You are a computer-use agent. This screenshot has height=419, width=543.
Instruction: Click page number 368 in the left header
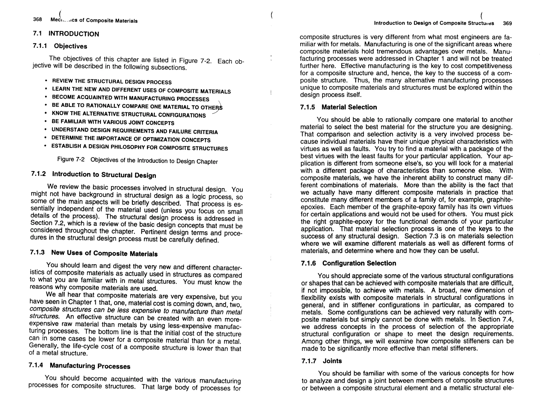[x=37, y=19]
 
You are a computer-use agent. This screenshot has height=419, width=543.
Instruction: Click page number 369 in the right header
[x=507, y=23]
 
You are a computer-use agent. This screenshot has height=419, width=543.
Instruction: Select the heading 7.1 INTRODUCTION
[x=66, y=34]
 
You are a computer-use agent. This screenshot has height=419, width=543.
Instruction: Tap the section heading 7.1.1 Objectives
[x=60, y=46]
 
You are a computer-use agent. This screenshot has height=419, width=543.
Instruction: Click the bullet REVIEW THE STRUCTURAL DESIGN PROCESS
[x=112, y=82]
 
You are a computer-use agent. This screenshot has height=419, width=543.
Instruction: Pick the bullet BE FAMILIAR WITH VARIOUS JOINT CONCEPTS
[x=113, y=122]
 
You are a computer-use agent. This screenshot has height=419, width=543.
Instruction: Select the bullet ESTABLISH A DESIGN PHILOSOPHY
[x=139, y=147]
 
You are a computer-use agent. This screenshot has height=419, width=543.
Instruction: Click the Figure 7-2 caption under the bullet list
[x=137, y=160]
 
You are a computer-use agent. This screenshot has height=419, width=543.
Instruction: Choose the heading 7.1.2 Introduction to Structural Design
[x=94, y=175]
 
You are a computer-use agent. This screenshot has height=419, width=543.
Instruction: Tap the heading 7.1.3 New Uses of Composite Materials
[x=94, y=253]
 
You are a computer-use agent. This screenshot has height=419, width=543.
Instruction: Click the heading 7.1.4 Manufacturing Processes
[x=80, y=366]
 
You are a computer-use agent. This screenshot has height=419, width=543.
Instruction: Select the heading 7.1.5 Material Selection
[x=339, y=107]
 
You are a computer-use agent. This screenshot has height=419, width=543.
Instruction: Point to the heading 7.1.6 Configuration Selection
[x=349, y=263]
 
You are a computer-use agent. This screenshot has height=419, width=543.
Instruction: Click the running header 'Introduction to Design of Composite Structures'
[x=434, y=23]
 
